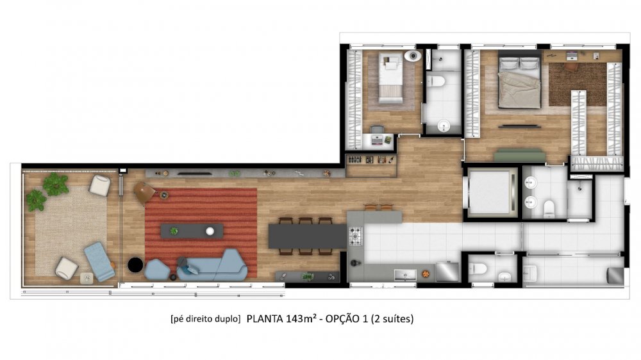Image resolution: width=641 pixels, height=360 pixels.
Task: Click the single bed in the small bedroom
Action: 390,78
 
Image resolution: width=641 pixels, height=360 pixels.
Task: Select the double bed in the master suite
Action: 519,82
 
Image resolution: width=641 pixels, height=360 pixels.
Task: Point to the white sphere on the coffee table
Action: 210,231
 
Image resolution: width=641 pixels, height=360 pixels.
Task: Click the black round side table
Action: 135,265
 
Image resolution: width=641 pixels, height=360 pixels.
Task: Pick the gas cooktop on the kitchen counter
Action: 355,236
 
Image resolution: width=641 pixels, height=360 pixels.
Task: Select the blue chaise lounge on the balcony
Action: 99,261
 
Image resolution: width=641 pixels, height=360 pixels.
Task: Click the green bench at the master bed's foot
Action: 520,156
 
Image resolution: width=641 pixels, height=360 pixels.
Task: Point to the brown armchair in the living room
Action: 144,192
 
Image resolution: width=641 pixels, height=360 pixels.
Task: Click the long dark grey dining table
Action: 308,236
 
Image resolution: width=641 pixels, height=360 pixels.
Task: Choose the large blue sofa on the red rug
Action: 213,266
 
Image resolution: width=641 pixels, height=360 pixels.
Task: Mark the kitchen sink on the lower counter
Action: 405,275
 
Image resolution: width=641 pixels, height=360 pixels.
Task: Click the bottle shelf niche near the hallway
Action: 371,160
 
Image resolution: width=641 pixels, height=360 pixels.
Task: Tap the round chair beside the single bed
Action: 413,56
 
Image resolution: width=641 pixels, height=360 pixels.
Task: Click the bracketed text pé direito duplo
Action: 206,319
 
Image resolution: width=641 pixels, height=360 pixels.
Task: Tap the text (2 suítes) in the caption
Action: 392,318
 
